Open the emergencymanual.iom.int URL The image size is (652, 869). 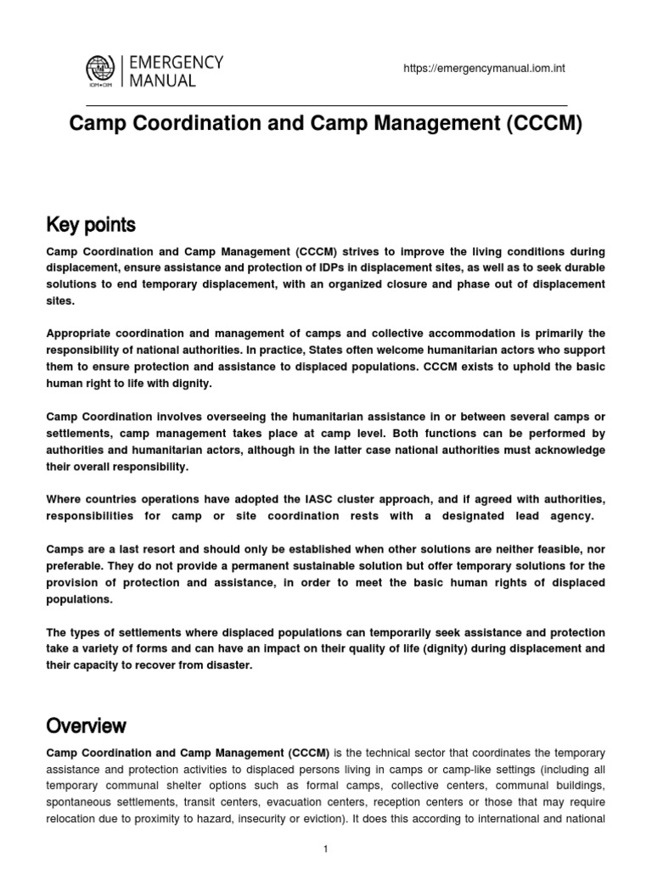484,69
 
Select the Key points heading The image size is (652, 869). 91,226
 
